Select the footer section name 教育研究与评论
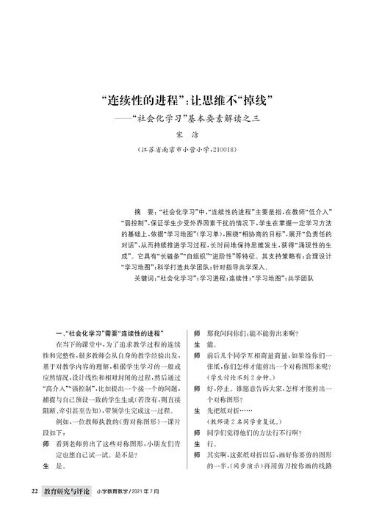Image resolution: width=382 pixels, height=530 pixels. pyautogui.click(x=68, y=509)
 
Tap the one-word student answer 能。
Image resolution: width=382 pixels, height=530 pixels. pyautogui.click(x=213, y=344)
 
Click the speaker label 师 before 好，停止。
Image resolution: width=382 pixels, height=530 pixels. pyautogui.click(x=196, y=388)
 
